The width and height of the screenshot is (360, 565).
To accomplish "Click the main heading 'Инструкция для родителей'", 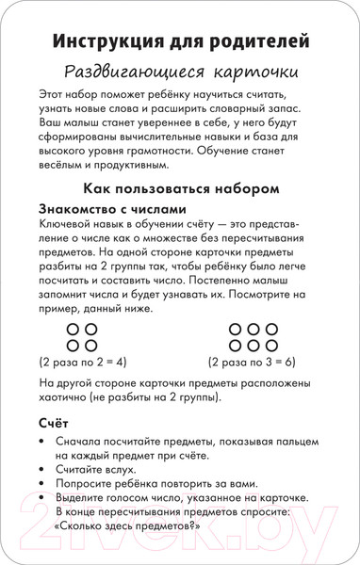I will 179,42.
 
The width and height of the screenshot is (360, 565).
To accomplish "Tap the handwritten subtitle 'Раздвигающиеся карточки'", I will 179,73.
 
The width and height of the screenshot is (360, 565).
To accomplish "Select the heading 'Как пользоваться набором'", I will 179,188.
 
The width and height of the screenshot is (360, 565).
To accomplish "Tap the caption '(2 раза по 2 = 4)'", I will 83,361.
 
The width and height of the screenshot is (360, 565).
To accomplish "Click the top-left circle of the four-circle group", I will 74,330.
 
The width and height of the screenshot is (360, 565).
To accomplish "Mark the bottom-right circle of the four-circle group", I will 91,346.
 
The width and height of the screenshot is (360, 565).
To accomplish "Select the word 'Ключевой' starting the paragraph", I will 66,226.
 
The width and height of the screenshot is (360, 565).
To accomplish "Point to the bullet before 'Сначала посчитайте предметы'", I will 44,441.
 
